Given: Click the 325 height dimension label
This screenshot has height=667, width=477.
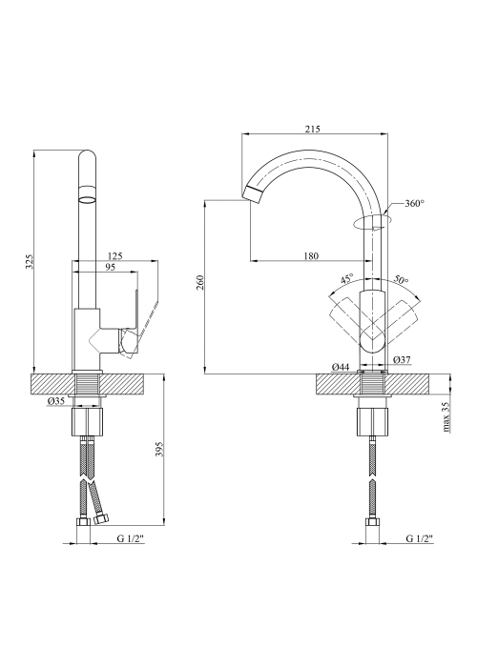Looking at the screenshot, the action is click(29, 261).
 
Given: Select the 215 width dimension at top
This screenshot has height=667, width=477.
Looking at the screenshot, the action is click(313, 129).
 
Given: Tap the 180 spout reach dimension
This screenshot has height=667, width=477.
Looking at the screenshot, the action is click(311, 255).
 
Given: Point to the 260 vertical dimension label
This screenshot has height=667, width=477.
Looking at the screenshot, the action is click(200, 282).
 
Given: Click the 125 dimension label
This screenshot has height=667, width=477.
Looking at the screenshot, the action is click(115, 255).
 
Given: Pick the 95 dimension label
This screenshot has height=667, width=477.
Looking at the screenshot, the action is click(110, 267).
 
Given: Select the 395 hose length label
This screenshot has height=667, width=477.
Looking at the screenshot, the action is click(159, 449).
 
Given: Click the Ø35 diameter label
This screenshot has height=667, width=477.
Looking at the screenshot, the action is click(55, 400).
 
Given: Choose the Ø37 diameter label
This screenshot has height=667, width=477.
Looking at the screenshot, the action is click(402, 360).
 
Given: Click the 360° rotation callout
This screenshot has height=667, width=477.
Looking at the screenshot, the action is click(414, 203).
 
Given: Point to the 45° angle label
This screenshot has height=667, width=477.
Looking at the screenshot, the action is click(346, 279).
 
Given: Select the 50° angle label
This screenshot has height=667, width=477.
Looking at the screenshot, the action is click(401, 279).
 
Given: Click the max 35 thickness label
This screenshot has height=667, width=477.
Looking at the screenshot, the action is click(446, 417).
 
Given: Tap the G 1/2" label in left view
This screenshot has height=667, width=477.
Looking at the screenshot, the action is click(131, 538).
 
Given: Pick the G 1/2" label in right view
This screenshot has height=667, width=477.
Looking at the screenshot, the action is click(420, 538).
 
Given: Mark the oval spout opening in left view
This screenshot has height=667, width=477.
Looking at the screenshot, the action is click(88, 198).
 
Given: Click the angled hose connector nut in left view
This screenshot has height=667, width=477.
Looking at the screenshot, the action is click(102, 518).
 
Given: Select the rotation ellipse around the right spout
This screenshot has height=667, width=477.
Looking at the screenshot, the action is click(372, 222).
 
